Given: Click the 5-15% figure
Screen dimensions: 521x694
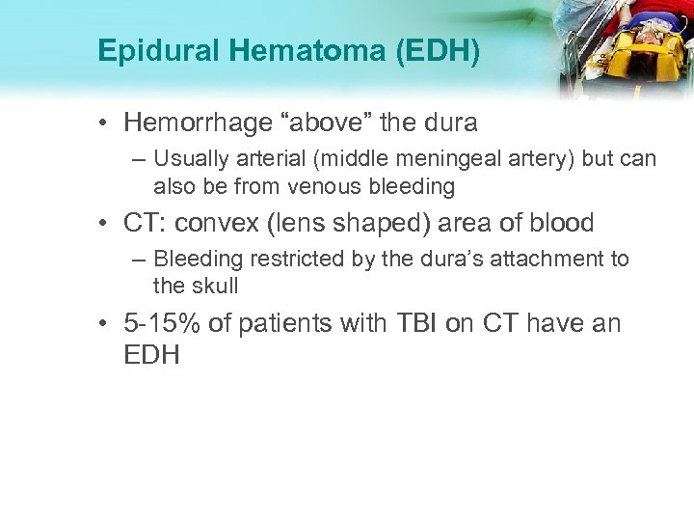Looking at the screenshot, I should (164, 323).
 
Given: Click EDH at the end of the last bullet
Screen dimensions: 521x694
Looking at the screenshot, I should (151, 353).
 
